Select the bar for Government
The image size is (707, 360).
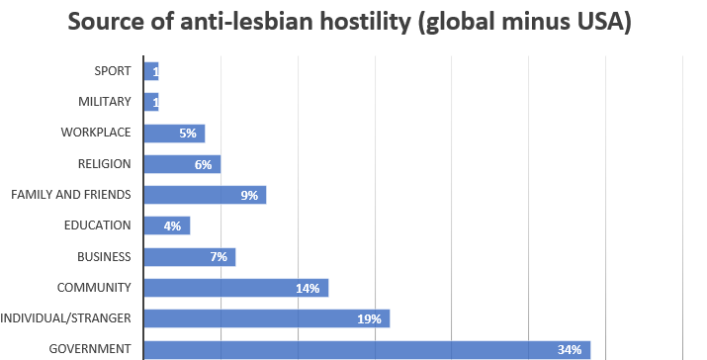tap(366, 349)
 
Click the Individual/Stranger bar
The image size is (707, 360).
tap(266, 318)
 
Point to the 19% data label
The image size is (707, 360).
tap(369, 318)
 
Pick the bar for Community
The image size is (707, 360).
tap(235, 288)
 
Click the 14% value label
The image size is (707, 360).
tap(308, 288)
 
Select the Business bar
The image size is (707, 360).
tap(189, 257)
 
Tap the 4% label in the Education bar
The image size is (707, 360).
tap(172, 226)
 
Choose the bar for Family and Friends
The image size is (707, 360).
tap(204, 195)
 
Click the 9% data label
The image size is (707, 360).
tap(249, 196)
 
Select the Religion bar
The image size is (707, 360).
tap(181, 164)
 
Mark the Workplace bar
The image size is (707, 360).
tap(173, 134)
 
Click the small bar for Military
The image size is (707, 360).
tap(150, 102)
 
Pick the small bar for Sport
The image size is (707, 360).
tap(150, 71)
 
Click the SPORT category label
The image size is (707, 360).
tap(113, 71)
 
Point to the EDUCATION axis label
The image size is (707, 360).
tap(99, 226)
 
